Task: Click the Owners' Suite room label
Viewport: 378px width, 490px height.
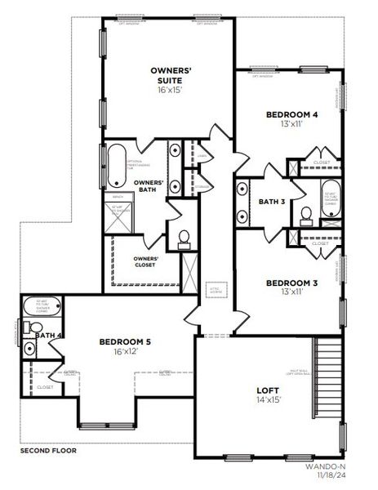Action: (171, 77)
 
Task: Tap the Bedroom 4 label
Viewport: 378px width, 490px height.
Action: (292, 114)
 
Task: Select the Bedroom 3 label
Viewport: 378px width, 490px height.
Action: (292, 283)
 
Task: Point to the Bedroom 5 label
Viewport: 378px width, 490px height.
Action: (126, 341)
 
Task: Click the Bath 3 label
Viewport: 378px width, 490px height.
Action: (271, 202)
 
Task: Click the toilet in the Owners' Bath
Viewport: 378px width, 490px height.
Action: (185, 238)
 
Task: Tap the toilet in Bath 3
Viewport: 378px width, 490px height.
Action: (307, 216)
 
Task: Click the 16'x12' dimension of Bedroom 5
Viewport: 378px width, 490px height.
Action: (126, 352)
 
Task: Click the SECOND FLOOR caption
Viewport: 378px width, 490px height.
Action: (48, 450)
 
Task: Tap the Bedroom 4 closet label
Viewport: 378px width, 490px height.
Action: (321, 163)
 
